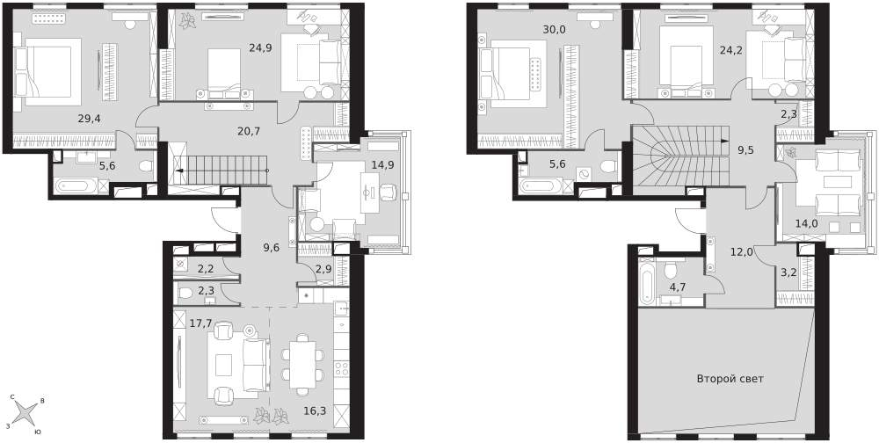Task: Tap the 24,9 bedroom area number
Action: tap(261, 47)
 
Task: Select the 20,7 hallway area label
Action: tap(249, 132)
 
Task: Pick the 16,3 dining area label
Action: tap(315, 410)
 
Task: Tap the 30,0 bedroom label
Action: tap(554, 30)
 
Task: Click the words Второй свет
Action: tap(730, 379)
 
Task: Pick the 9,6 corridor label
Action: tap(271, 245)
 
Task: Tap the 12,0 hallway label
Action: tap(740, 251)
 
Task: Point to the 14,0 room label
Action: tap(806, 224)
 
